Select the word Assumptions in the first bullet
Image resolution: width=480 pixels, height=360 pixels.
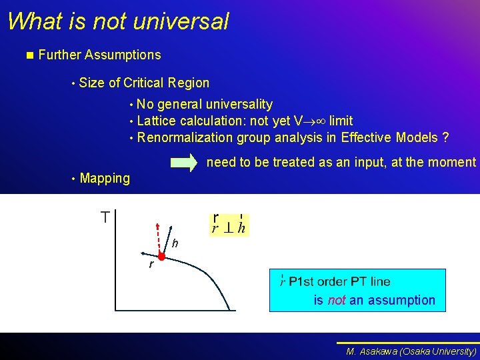123,55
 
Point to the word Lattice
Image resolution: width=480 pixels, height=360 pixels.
156,121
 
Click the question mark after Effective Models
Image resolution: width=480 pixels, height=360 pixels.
445,138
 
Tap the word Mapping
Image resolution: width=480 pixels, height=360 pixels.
105,178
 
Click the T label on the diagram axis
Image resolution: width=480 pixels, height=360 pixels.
105,217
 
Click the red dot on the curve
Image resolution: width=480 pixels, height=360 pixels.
161,256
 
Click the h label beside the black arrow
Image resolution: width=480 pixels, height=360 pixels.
175,244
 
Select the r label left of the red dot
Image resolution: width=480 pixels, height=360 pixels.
151,265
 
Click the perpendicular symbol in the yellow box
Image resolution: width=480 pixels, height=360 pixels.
227,227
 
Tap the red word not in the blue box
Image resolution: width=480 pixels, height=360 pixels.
337,301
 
